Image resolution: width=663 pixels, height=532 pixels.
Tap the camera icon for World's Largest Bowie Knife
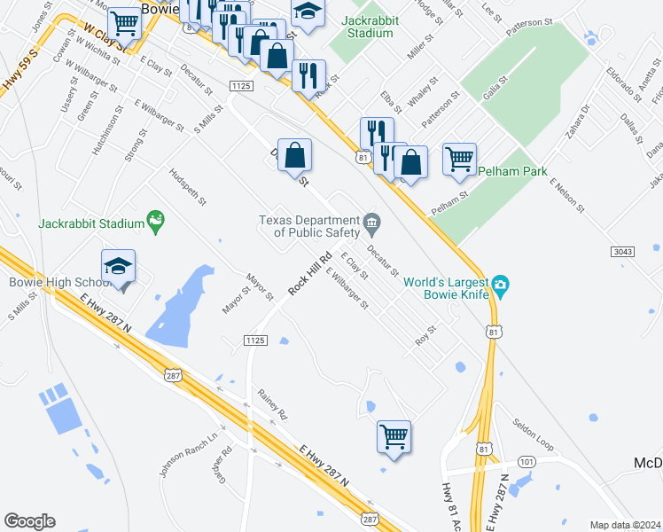click(502, 286)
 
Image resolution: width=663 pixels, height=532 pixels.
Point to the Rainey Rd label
click(273, 404)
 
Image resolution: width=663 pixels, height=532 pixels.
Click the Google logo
click(29, 521)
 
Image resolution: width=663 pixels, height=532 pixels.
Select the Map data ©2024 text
click(625, 525)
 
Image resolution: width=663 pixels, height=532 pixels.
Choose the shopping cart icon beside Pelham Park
click(459, 160)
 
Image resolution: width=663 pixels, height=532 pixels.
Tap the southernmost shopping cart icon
click(394, 436)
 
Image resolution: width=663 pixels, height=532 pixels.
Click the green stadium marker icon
click(157, 218)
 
